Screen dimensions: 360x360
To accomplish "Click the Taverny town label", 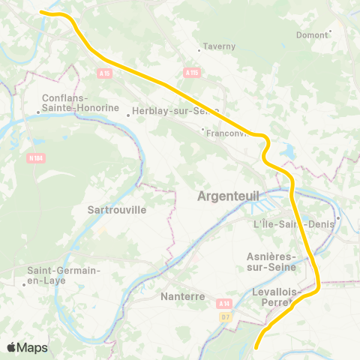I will point(220,46).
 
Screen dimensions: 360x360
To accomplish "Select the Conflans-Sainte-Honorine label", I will point(70,103).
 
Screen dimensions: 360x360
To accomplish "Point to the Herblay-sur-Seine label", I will point(174,110).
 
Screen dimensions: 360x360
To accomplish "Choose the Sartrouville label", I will point(116,210).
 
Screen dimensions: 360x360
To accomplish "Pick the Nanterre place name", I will point(183,296).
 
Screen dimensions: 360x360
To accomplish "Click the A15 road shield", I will point(103,73).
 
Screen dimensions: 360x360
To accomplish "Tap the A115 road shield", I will point(191,73).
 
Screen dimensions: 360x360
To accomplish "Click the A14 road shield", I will point(223,303).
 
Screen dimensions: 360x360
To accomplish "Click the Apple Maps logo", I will point(27,347).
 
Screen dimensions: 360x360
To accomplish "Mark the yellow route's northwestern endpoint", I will point(41,12).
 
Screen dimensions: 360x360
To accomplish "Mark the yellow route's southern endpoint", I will point(256,347).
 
